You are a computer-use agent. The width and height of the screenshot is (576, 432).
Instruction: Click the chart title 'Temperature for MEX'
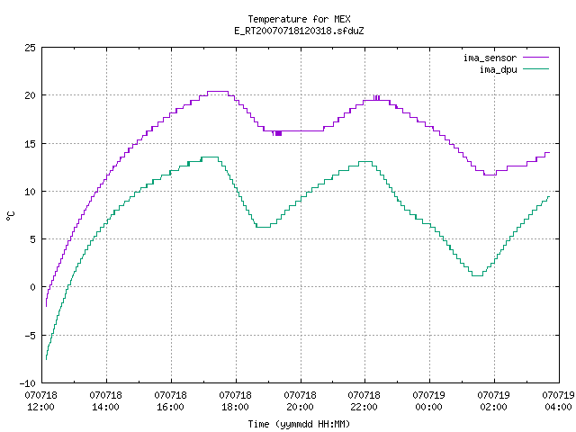click(299, 19)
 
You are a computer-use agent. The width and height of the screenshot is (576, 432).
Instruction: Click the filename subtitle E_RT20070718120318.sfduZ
click(299, 31)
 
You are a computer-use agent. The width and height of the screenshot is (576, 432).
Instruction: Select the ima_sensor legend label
click(490, 58)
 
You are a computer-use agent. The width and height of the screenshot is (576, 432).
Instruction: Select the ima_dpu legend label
click(498, 69)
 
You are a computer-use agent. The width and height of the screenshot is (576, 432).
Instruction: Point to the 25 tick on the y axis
click(30, 48)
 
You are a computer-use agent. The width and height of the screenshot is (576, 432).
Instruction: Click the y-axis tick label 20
click(30, 95)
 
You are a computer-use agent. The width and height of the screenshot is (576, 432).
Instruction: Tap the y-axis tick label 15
click(30, 144)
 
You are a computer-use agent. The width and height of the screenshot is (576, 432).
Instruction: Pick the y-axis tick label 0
click(32, 287)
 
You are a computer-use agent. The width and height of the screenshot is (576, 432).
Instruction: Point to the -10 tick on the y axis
click(28, 383)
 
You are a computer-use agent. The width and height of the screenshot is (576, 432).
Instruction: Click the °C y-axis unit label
click(10, 216)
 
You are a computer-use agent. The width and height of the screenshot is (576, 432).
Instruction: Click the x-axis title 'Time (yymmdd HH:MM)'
click(299, 424)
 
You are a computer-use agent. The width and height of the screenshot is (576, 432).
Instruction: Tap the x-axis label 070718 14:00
click(106, 400)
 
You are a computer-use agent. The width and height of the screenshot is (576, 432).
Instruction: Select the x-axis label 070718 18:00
click(235, 400)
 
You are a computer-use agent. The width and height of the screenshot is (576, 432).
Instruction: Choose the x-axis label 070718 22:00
click(364, 400)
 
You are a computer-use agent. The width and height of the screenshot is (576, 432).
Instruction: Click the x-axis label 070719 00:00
click(428, 400)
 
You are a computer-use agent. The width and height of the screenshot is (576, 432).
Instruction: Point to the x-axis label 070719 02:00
click(493, 400)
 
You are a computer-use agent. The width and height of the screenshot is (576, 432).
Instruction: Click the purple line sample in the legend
click(535, 58)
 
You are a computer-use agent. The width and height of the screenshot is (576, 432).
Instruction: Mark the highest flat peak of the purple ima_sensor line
click(218, 92)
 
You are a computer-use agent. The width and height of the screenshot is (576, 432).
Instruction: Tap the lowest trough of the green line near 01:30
click(477, 275)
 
